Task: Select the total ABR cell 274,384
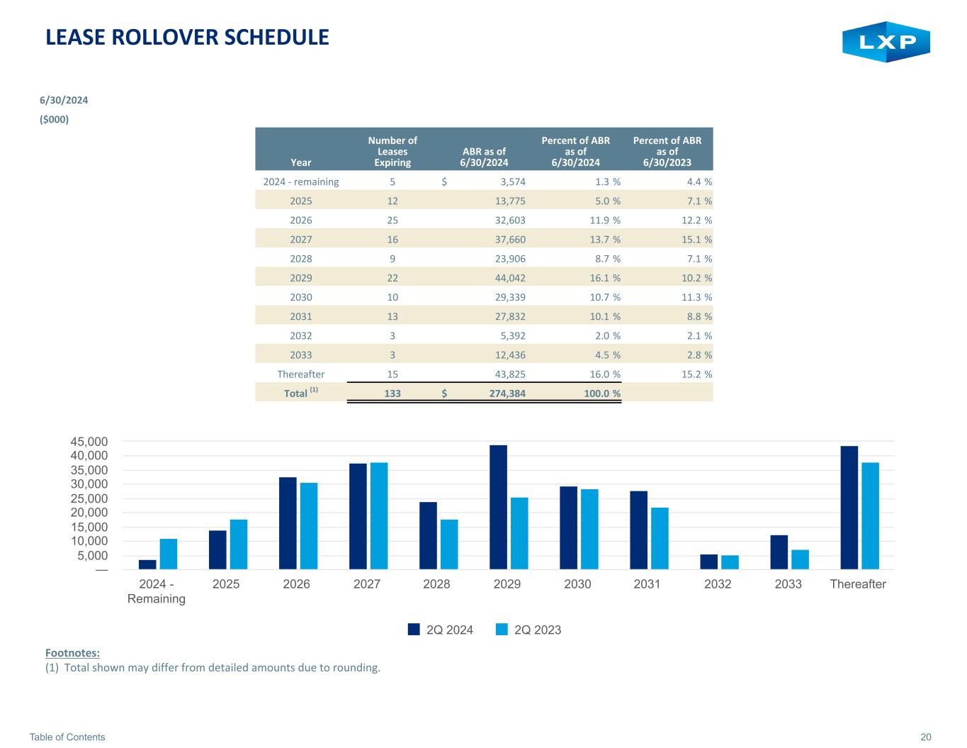pos(506,393)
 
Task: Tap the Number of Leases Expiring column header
pos(392,151)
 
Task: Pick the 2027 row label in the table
pos(301,240)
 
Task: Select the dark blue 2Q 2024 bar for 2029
pos(498,506)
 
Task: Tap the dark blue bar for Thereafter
pos(849,507)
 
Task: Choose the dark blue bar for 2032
pos(708,561)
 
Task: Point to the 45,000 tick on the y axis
pos(89,441)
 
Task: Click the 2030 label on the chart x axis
pos(577,584)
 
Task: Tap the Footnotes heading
pos(72,652)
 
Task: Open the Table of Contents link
pos(67,737)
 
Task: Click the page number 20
pos(925,737)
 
